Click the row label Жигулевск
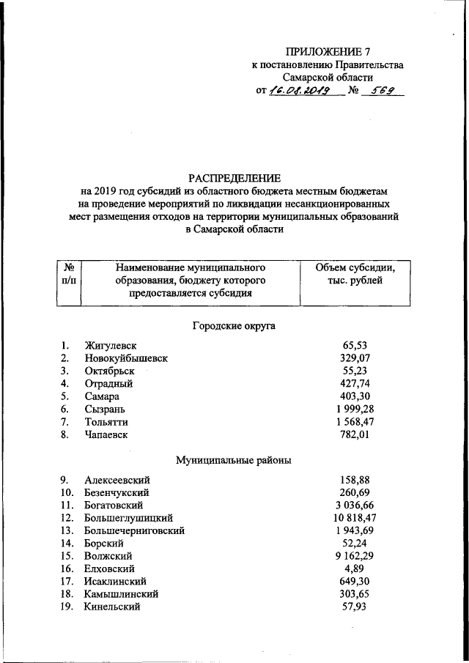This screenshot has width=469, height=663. (111, 345)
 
